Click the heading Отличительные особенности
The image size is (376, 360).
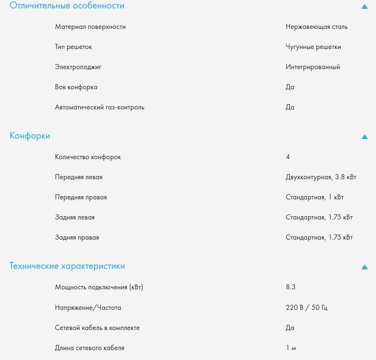(67, 6)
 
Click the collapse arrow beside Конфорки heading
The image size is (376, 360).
(364, 137)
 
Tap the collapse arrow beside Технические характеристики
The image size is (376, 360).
(364, 267)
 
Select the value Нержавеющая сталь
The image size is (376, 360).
(316, 27)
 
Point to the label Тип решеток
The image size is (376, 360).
(73, 47)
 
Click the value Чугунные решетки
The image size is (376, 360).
(313, 47)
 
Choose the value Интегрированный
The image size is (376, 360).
(313, 67)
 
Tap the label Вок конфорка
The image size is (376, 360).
(76, 87)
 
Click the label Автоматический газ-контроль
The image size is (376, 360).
(99, 107)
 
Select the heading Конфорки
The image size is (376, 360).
(30, 136)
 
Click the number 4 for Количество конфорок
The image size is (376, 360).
(288, 157)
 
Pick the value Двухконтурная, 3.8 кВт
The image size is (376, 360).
(321, 177)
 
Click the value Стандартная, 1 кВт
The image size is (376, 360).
(315, 197)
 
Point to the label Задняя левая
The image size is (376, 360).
(75, 217)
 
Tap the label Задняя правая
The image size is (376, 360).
(77, 237)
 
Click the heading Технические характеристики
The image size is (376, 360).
(67, 266)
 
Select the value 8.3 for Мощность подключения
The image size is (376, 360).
(290, 287)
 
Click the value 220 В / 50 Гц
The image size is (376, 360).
(306, 308)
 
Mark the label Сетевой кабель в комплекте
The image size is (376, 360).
(97, 328)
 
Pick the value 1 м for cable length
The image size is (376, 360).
(291, 348)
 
